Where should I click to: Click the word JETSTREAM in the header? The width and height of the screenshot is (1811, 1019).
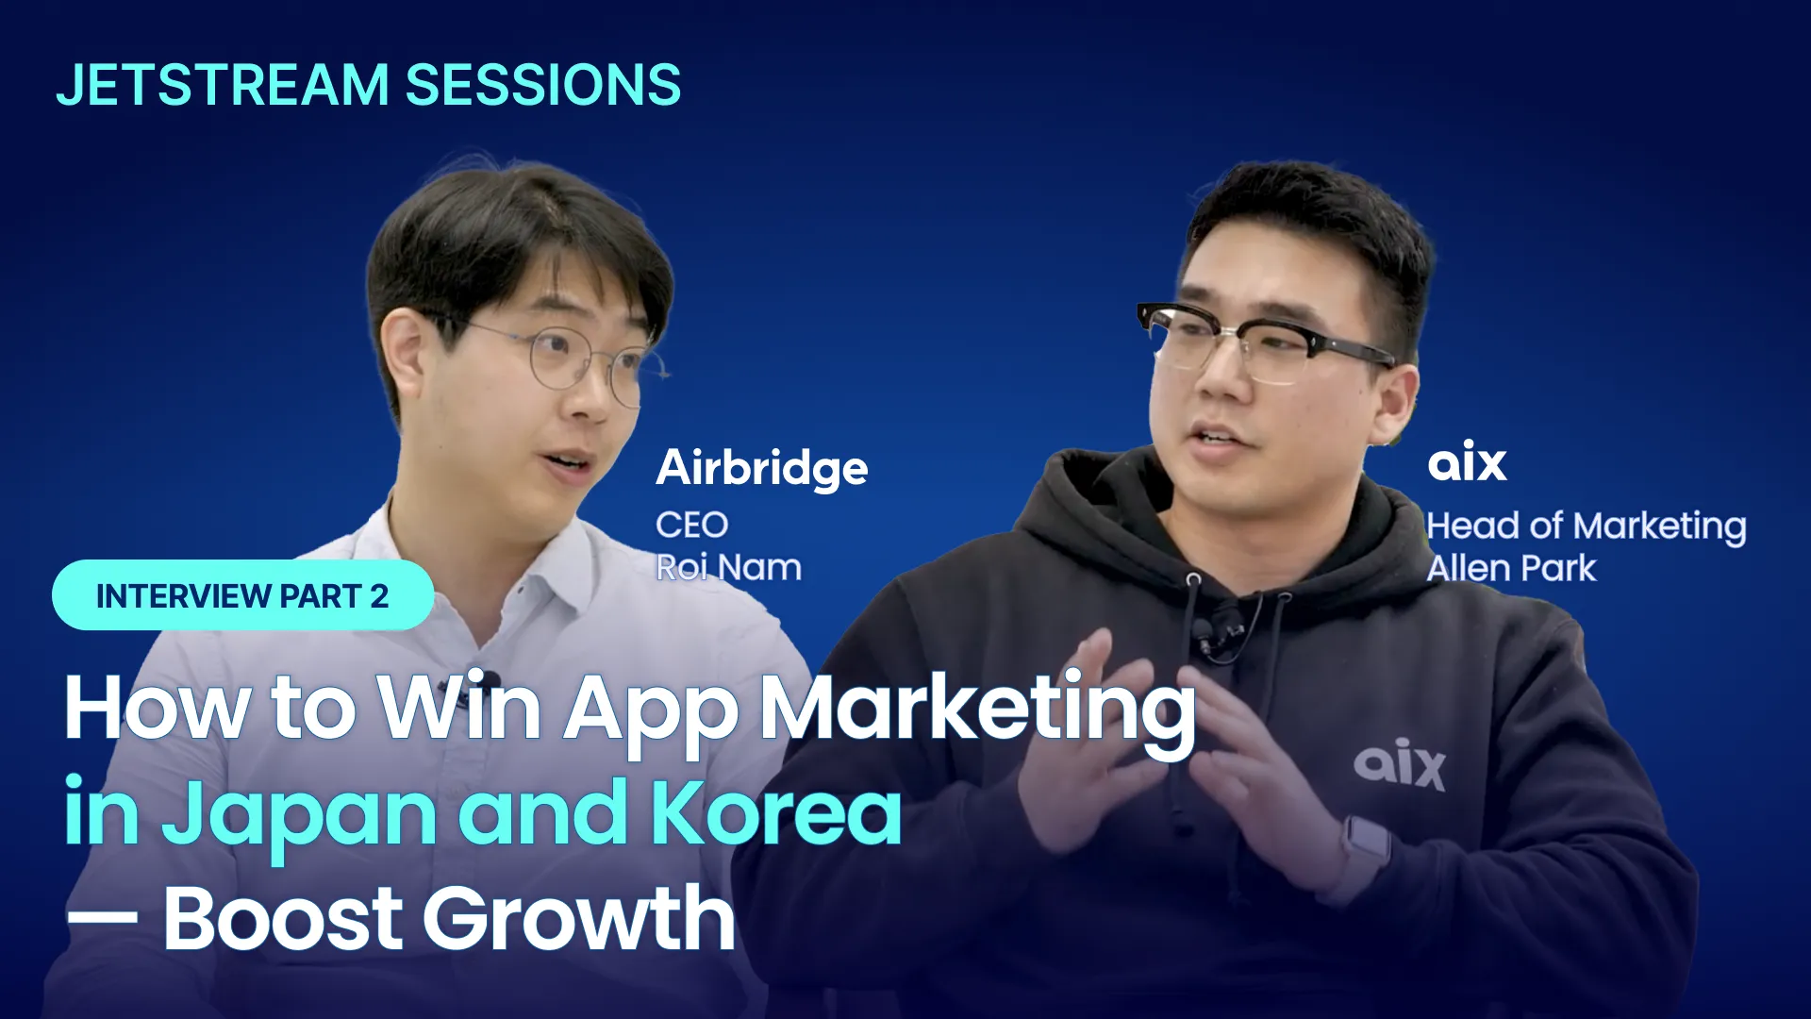[x=223, y=85]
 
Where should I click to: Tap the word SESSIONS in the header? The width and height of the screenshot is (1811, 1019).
[x=543, y=85]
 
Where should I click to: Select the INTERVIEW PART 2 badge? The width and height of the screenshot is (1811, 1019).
[x=242, y=595]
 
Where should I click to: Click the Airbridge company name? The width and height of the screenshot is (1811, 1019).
[x=762, y=469]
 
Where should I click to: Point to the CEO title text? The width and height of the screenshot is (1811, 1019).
[x=692, y=525]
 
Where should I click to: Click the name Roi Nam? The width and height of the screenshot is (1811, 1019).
[x=729, y=568]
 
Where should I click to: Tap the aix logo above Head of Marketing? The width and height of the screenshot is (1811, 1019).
[x=1467, y=461]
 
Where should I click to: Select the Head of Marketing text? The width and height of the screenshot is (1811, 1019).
[x=1587, y=526]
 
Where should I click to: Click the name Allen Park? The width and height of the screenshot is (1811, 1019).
[x=1512, y=568]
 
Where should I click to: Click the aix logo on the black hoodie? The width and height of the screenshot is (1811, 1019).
[x=1400, y=764]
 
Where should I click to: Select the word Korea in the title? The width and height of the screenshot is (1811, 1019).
[x=776, y=811]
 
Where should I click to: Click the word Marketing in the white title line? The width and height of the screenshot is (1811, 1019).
[x=978, y=712]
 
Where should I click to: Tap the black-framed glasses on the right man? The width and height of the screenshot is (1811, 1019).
[x=1264, y=342]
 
